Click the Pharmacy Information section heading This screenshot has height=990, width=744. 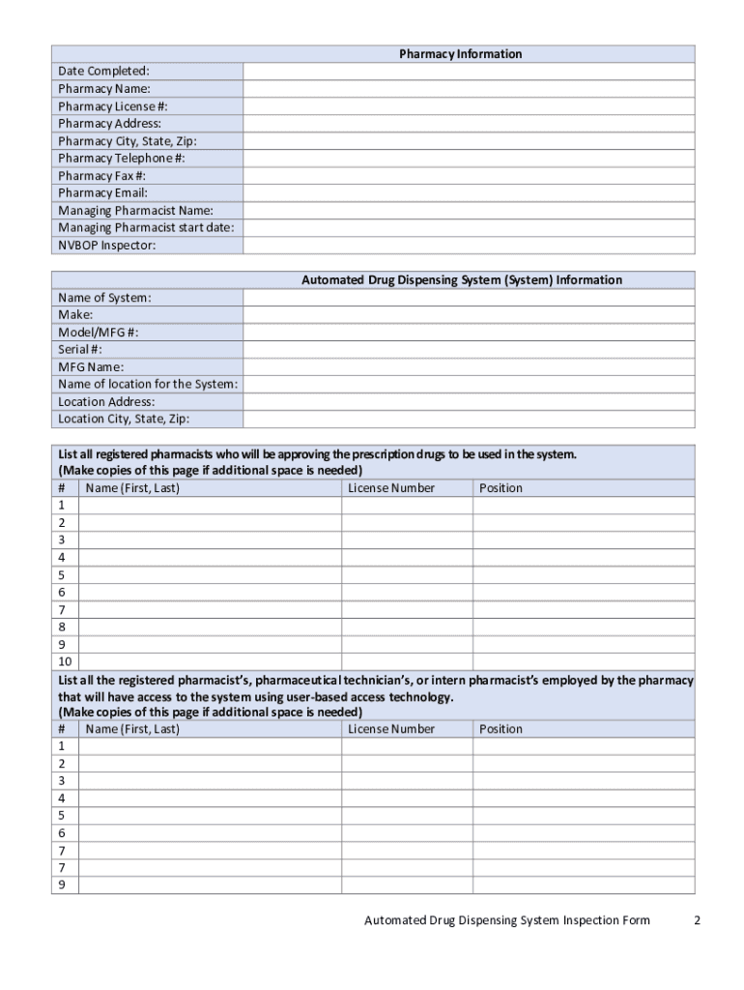[460, 54]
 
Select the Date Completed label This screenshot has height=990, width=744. [103, 72]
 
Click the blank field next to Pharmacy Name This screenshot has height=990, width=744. [468, 89]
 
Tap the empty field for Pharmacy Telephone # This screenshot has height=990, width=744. [468, 159]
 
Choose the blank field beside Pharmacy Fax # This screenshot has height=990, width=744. [468, 176]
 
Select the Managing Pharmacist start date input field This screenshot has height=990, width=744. [468, 228]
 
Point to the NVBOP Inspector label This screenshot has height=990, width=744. [106, 246]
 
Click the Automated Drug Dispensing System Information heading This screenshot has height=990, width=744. [462, 280]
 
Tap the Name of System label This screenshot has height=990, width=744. [104, 298]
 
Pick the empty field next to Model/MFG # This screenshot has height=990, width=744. [468, 333]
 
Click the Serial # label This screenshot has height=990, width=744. [80, 350]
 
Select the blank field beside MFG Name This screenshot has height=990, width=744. [468, 367]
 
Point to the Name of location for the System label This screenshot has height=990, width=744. [148, 385]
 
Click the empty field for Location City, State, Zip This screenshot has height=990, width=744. [468, 420]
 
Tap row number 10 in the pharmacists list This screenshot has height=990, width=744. [65, 662]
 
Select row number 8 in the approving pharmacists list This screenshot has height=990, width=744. [62, 627]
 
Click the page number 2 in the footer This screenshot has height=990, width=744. [697, 920]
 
